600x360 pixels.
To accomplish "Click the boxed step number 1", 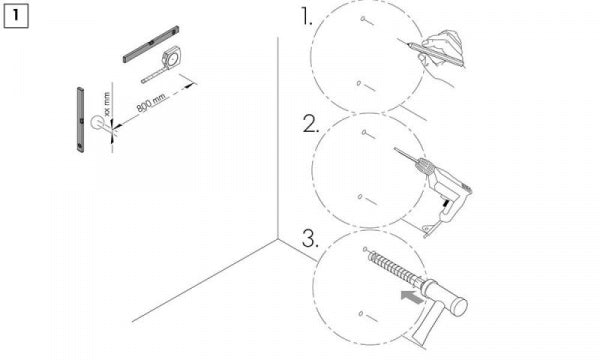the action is pos(16,16).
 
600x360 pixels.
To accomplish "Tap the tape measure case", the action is pos(171,58).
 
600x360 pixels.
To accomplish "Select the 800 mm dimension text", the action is pos(151,103).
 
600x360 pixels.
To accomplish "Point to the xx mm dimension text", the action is pos(107,104).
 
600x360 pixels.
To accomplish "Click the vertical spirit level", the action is pos(80,120).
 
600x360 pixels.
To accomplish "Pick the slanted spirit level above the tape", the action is pos(151,44).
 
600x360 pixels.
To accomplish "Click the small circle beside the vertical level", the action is pos(97,123).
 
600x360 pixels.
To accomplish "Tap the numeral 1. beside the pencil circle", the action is pos(307,17).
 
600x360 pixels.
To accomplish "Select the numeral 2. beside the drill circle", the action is pos(310,124).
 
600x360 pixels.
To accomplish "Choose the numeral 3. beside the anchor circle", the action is pos(310,239).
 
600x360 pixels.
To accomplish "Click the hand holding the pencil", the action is pos(440,55).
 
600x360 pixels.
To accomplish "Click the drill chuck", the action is pos(426,166).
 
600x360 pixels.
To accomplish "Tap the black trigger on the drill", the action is pos(445,204).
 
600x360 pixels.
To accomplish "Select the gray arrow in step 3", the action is pos(412,296).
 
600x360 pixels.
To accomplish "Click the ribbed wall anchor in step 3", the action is pos(394,268).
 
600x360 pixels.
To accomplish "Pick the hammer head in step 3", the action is pos(444,293).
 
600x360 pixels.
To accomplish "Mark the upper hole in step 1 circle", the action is pos(363,18).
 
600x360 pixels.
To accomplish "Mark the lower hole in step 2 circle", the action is pos(360,197).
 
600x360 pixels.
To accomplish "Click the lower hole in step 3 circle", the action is pos(361,314).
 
